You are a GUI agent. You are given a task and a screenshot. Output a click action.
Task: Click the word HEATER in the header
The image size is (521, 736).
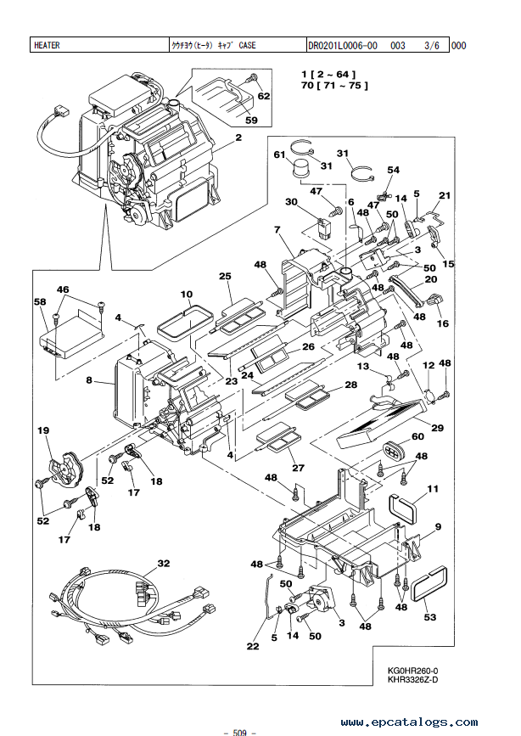[x=47, y=46]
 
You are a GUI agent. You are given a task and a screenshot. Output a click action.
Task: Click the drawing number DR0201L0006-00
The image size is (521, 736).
[x=343, y=46]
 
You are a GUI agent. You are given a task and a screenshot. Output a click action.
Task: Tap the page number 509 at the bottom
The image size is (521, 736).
[x=239, y=733]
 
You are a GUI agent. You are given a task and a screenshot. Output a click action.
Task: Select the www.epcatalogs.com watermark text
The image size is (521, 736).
[x=409, y=722]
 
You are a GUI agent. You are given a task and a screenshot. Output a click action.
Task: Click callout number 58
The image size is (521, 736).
[x=41, y=301]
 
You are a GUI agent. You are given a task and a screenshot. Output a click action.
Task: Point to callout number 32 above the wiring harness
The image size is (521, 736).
[x=163, y=563]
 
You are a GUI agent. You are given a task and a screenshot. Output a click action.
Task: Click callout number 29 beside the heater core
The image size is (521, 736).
[x=438, y=428]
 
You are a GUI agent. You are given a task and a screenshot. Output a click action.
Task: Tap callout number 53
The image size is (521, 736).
[x=430, y=617]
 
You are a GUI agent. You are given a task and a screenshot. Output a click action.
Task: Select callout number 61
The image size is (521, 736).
[x=280, y=155]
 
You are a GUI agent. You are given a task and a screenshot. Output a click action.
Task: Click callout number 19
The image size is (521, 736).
[x=43, y=430]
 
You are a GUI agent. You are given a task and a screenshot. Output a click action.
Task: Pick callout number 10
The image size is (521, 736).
[x=187, y=295]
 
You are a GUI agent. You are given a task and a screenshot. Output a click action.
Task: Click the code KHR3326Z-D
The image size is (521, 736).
[x=412, y=680]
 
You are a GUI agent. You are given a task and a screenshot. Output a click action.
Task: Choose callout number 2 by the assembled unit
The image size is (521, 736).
[x=239, y=138]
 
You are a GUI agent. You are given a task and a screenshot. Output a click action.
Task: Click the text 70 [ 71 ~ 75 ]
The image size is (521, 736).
[x=334, y=86]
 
